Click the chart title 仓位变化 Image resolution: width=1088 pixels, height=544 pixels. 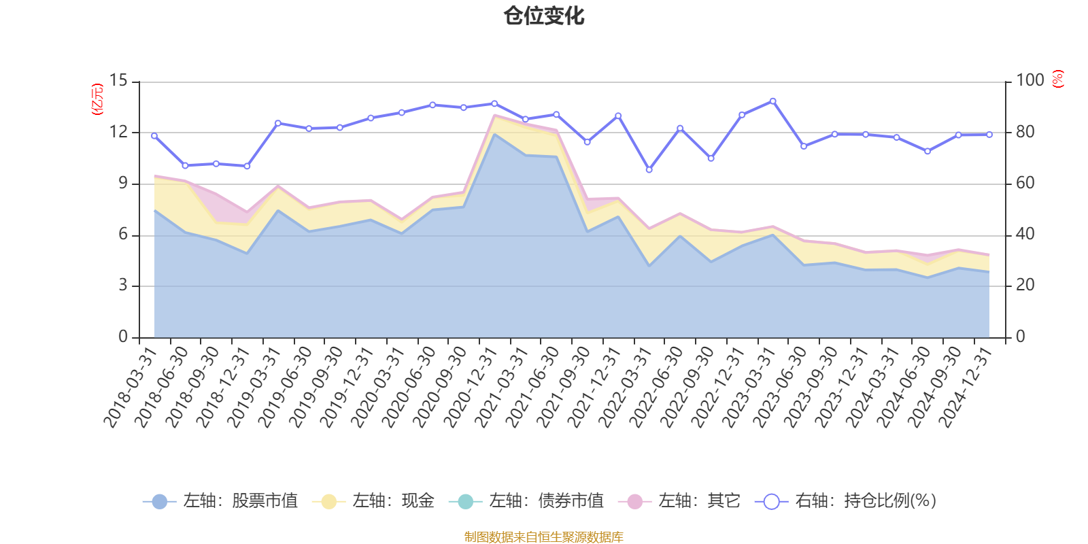pos(544,15)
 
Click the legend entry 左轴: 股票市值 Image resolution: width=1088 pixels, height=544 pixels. pos(221,501)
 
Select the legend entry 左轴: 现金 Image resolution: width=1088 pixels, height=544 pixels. pos(373,501)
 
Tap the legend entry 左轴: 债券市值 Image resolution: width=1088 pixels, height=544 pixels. pos(526,501)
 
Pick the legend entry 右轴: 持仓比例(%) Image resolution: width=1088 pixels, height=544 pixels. pos(846,501)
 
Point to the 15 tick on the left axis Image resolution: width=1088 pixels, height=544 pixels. pos(118,80)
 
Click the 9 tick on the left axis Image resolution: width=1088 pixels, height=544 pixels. pos(123,183)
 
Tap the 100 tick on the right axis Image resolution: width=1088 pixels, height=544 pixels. pos(1030,80)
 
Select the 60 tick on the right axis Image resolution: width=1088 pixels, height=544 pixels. pos(1025,183)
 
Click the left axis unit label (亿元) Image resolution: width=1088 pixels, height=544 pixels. pos(97,99)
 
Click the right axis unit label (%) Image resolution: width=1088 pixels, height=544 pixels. pos(1058,79)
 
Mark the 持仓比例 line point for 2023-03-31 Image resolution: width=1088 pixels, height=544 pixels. pos(772,101)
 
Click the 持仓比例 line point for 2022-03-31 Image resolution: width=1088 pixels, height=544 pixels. pos(649,170)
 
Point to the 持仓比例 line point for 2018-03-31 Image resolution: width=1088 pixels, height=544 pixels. pos(154,136)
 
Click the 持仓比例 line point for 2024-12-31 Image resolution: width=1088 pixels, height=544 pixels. pos(989,135)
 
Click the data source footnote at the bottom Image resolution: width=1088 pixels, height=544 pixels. pos(544,537)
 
